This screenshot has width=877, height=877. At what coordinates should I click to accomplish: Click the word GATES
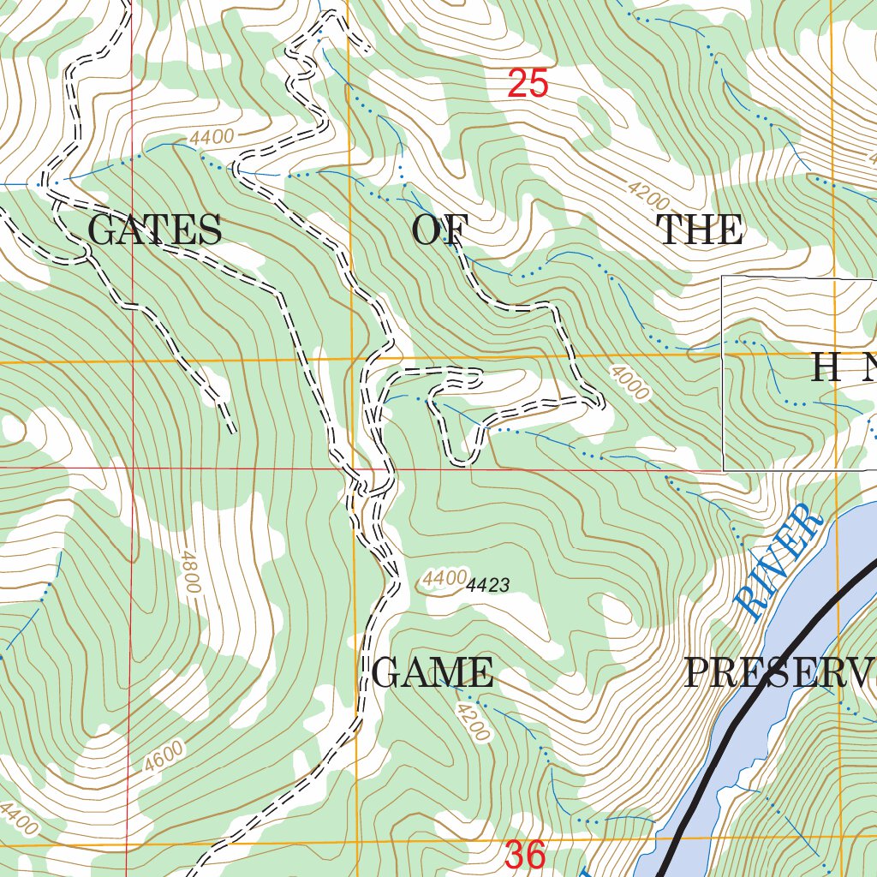(155, 231)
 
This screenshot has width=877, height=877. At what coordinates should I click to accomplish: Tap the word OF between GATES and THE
(440, 231)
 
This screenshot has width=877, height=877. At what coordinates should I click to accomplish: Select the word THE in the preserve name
(699, 231)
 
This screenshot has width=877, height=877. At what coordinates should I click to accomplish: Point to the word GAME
(433, 673)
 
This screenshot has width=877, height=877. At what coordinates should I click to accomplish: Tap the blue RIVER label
(779, 561)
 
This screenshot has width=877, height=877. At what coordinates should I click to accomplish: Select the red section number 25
(527, 84)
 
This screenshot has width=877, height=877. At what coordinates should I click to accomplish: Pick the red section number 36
(525, 856)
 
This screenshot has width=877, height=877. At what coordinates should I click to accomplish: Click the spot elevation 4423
(488, 586)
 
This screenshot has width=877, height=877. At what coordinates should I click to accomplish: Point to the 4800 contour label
(189, 573)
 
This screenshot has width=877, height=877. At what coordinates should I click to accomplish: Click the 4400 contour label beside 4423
(444, 579)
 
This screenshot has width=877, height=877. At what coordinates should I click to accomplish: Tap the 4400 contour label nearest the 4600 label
(19, 819)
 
